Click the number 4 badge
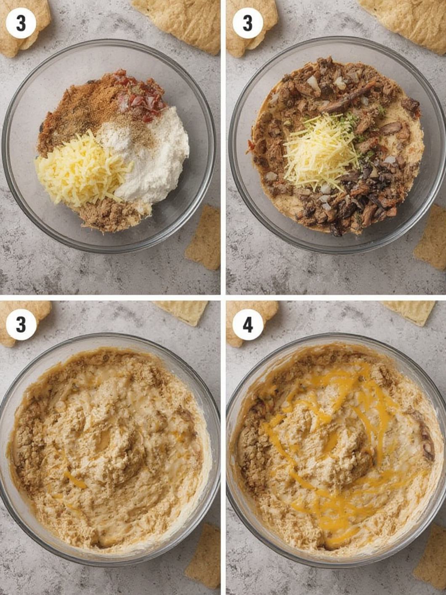click(x=248, y=325)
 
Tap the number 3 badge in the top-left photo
click(x=21, y=23)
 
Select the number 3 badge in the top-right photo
click(x=248, y=23)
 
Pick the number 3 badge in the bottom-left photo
click(x=21, y=325)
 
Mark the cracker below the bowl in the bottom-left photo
click(x=204, y=558)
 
